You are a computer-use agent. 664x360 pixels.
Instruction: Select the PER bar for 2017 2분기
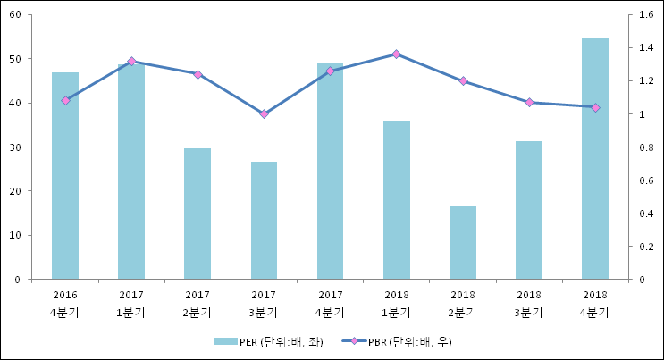(x=198, y=213)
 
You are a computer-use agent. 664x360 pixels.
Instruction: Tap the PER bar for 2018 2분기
(x=463, y=243)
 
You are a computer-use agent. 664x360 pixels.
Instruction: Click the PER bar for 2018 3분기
(x=529, y=210)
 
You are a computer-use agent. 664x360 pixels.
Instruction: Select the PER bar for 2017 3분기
(x=264, y=221)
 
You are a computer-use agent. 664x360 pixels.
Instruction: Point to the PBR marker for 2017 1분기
(x=131, y=62)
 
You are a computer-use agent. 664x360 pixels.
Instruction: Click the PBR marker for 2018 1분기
(x=397, y=54)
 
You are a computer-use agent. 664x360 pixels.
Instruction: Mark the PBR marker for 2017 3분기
(x=264, y=114)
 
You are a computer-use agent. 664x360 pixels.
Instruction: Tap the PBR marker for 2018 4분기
(x=595, y=107)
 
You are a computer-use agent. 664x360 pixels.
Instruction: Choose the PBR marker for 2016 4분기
(x=65, y=100)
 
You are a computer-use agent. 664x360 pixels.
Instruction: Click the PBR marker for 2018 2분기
(x=463, y=81)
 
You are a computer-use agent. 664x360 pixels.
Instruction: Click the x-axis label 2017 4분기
(x=330, y=303)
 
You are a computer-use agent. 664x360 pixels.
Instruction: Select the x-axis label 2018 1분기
(x=397, y=303)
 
